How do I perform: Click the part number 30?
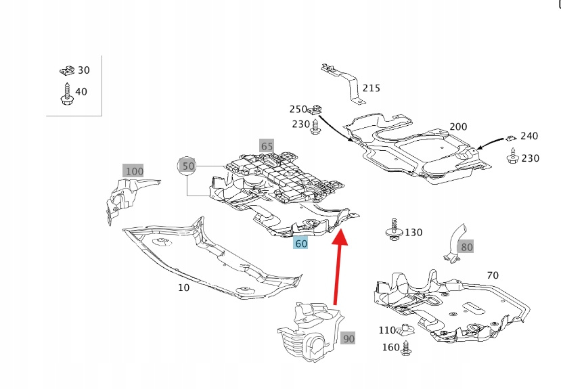point(83,70)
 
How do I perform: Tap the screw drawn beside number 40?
point(66,93)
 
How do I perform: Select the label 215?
point(371,88)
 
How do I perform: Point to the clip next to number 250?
point(317,108)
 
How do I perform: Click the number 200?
point(458,127)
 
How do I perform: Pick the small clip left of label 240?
point(511,137)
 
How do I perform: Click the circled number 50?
point(188,165)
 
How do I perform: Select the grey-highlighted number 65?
point(267,145)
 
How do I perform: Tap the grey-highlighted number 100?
point(134,170)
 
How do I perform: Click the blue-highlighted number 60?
point(300,244)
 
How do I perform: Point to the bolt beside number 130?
point(392,229)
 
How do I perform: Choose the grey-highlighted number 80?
point(467,247)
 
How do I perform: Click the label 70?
point(492,275)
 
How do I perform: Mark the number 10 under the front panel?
point(183,288)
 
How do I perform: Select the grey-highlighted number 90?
point(348,338)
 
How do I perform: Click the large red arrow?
point(336,271)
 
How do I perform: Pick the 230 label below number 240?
point(530,158)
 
